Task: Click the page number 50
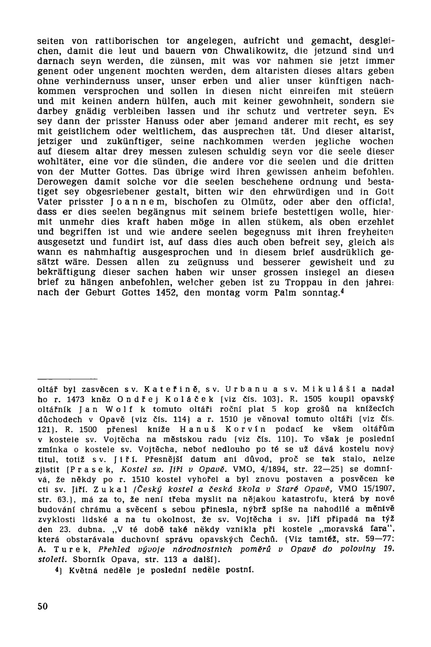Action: point(43,606)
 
